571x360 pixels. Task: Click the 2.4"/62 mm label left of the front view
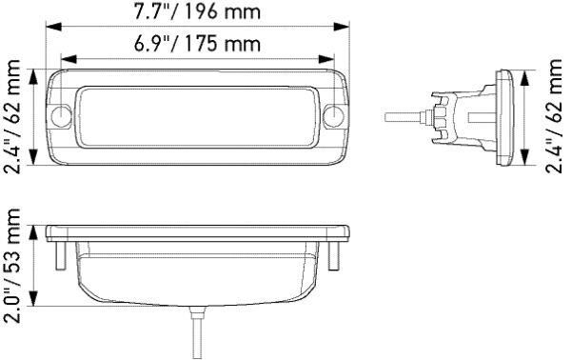13,115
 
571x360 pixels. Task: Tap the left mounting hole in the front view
62,117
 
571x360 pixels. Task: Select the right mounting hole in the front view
333,117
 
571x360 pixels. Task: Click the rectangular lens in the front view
197,115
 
